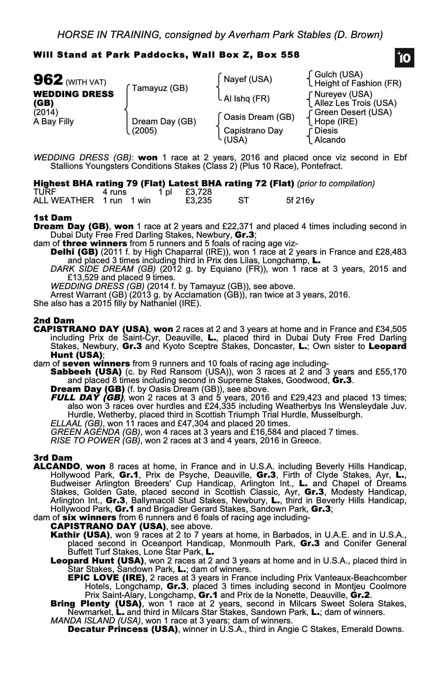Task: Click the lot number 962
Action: tap(48, 80)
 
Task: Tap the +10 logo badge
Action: tap(405, 58)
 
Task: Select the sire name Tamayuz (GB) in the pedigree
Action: tap(160, 89)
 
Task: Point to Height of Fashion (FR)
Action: tap(358, 84)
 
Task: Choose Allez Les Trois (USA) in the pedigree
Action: tap(355, 103)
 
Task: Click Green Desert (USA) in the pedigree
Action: tap(353, 112)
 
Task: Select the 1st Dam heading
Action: tap(53, 218)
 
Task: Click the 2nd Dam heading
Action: tap(54, 321)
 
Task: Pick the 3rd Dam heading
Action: tap(53, 458)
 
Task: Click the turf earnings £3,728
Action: tap(198, 192)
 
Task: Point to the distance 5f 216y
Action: tap(300, 201)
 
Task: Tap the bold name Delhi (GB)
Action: tap(74, 252)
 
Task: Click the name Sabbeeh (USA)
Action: tap(86, 372)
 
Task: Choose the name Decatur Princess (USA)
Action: tap(123, 629)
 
